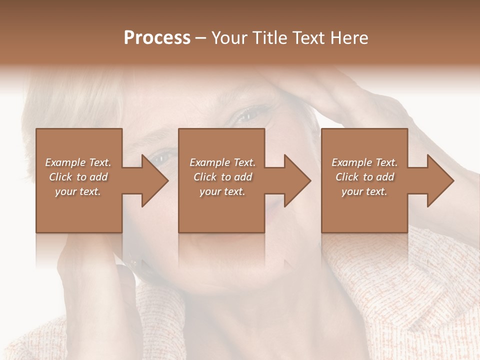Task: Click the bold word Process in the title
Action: pyautogui.click(x=157, y=38)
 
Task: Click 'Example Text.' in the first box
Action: pyautogui.click(x=78, y=162)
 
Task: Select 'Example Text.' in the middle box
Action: pyautogui.click(x=222, y=162)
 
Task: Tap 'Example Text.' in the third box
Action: pyautogui.click(x=364, y=162)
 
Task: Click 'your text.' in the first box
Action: pyautogui.click(x=78, y=191)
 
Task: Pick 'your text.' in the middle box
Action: pyautogui.click(x=222, y=191)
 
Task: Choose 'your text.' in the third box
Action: pyautogui.click(x=364, y=191)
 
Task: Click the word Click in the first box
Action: pyautogui.click(x=60, y=177)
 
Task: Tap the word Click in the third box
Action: pyautogui.click(x=347, y=177)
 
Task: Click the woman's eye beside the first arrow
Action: pyautogui.click(x=163, y=158)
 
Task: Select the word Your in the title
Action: pyautogui.click(x=228, y=38)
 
